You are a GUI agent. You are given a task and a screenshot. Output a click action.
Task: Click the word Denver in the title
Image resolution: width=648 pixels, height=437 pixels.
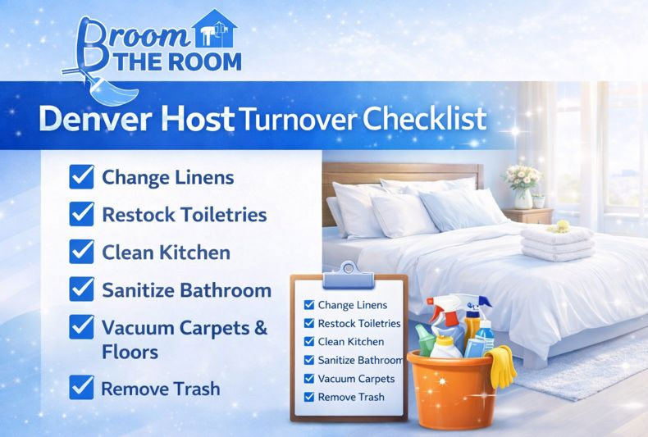click(x=98, y=120)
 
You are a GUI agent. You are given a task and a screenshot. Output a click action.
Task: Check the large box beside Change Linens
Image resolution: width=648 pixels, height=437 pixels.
click(x=81, y=177)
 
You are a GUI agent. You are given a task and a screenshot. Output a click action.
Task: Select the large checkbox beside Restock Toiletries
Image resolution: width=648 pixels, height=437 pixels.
click(x=81, y=215)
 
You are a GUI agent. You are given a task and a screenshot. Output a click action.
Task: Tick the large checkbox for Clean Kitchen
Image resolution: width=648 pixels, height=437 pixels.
click(x=81, y=253)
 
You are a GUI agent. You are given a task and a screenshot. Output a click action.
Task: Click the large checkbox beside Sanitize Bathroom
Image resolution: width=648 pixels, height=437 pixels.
click(x=81, y=289)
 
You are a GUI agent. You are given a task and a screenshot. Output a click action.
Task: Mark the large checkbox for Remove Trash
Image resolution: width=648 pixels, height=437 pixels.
click(x=81, y=387)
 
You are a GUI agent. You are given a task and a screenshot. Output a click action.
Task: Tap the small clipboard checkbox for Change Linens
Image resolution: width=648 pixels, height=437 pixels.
click(x=309, y=305)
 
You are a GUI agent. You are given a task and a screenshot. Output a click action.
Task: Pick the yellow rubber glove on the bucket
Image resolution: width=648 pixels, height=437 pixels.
click(x=501, y=366)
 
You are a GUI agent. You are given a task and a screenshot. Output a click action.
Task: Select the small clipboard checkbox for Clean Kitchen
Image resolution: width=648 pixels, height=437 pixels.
click(x=309, y=342)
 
